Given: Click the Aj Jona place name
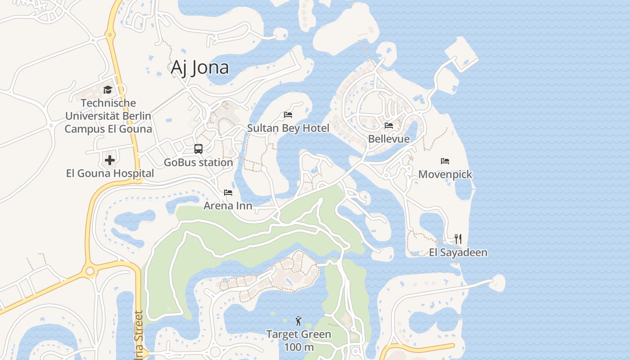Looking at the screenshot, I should pos(200,67).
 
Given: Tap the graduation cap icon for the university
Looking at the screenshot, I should pos(108,90).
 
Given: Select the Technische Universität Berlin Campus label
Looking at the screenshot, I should pos(108,116).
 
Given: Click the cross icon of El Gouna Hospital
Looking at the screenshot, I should pos(110,160).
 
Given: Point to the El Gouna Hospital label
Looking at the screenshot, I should pos(110,173).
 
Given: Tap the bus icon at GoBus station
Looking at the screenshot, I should pos(198,149).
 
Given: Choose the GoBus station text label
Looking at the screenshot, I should pos(198,162).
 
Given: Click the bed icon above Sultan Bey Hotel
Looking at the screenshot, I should pos(288,115).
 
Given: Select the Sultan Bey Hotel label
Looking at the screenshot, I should pos(288,128).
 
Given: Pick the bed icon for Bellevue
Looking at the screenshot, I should pos(389,126).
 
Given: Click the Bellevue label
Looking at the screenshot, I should pos(389,139).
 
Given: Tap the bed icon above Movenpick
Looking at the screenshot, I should pos(445,161).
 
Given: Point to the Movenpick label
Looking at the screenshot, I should pos(445,174).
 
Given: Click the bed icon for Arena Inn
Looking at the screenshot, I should pos(228,193).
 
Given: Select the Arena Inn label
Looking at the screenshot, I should pos(228,206).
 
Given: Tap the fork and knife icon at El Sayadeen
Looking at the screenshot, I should pos(458,238).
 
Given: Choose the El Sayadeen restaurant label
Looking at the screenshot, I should pos(458,252).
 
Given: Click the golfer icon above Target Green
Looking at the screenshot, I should pos(298,321).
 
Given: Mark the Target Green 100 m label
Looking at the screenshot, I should pos(298,341).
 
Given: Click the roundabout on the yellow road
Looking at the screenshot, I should pos(90,271).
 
